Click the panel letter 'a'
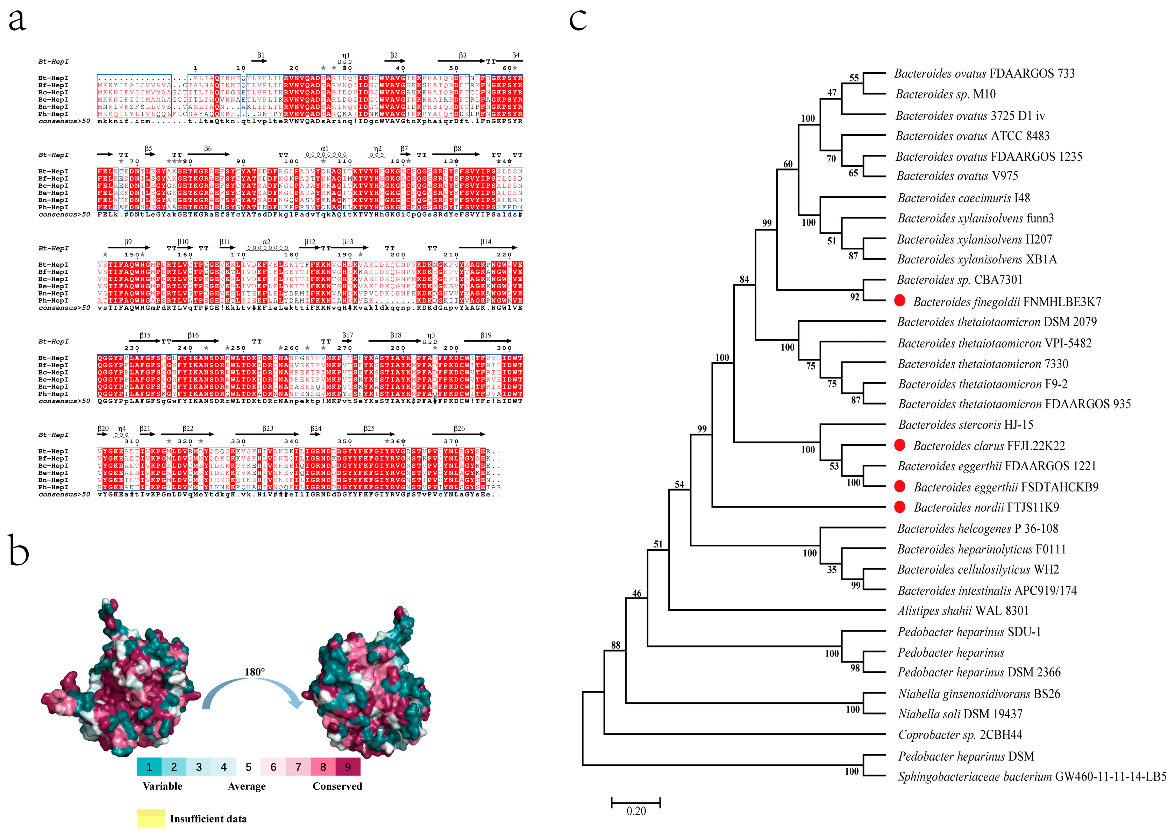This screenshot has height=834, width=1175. (x=17, y=21)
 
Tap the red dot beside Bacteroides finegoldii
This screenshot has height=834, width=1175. (x=899, y=301)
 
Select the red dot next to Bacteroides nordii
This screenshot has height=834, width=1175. (x=899, y=507)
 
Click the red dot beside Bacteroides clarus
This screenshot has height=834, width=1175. (x=899, y=445)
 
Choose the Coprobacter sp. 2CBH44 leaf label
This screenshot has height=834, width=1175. (x=960, y=735)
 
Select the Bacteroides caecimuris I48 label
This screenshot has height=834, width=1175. (x=963, y=198)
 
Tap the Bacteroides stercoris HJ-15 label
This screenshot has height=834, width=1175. (x=965, y=425)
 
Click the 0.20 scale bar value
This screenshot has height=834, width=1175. (x=636, y=811)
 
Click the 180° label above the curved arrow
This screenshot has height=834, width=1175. (x=255, y=672)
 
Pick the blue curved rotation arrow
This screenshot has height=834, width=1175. (x=252, y=693)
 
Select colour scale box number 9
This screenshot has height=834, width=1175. (x=348, y=767)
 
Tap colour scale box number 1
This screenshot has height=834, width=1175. (x=149, y=767)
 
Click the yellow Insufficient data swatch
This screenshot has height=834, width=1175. (x=151, y=819)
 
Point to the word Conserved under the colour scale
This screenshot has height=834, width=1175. (x=337, y=786)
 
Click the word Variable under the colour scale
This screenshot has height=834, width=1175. (x=162, y=786)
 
